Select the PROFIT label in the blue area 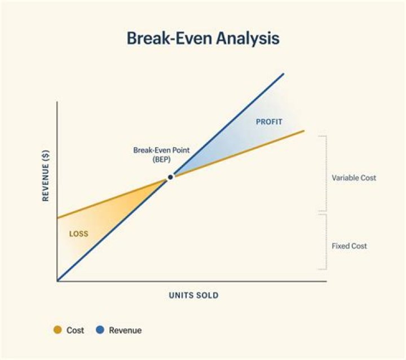(x=269, y=122)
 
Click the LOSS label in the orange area (x=78, y=234)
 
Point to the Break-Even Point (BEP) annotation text (x=161, y=155)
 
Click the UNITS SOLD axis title (x=193, y=295)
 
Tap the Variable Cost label (x=354, y=178)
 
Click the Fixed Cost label (x=349, y=246)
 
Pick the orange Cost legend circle (x=57, y=330)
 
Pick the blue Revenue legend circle (x=100, y=330)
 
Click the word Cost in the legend (x=75, y=330)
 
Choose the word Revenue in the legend (x=125, y=330)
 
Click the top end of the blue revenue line (x=283, y=74)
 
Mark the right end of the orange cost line (x=304, y=131)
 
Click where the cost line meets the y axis (x=58, y=218)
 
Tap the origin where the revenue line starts (x=58, y=280)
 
